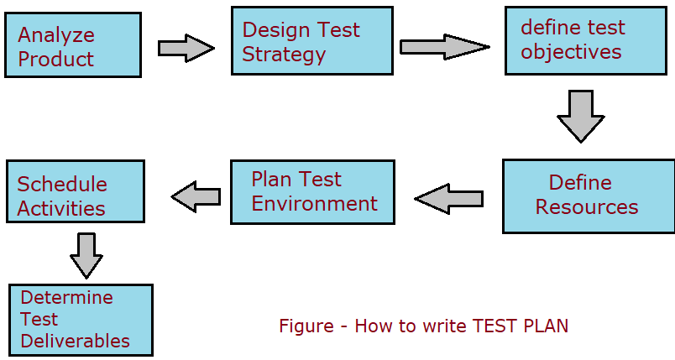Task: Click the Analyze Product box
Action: click(72, 44)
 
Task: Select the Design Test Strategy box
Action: click(311, 40)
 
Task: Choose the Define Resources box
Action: click(588, 196)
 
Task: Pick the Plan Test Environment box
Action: click(312, 192)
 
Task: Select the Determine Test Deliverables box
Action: click(81, 320)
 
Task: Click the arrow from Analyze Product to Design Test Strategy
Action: click(186, 47)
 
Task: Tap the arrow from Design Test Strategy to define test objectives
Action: click(443, 46)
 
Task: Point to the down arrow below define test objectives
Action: click(580, 116)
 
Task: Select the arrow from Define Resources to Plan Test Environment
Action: click(449, 199)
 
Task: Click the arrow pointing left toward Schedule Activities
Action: click(196, 196)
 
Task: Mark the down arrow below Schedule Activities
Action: click(86, 255)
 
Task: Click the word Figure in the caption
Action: click(306, 326)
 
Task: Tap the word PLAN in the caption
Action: click(545, 326)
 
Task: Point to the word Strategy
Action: click(284, 55)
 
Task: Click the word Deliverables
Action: click(76, 341)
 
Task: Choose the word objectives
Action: click(571, 52)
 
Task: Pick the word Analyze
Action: click(56, 35)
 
